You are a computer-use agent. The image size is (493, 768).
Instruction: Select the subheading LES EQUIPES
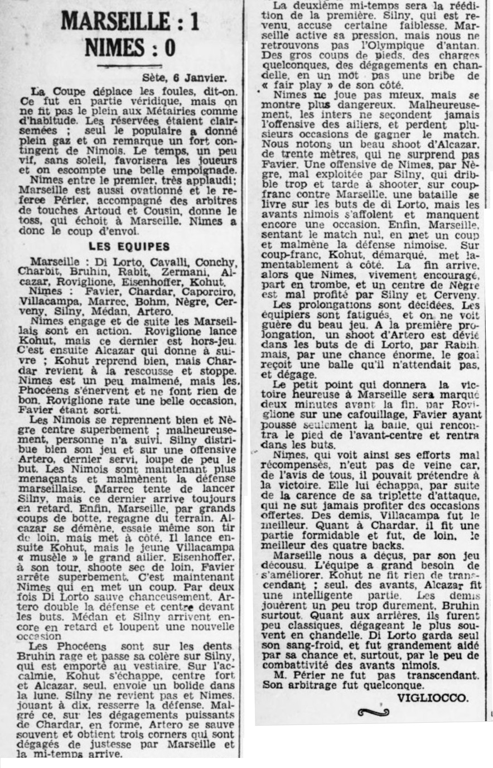click(x=129, y=246)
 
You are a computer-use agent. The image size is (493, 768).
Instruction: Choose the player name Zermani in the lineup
click(x=186, y=273)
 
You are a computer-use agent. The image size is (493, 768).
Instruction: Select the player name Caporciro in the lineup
click(x=211, y=291)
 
